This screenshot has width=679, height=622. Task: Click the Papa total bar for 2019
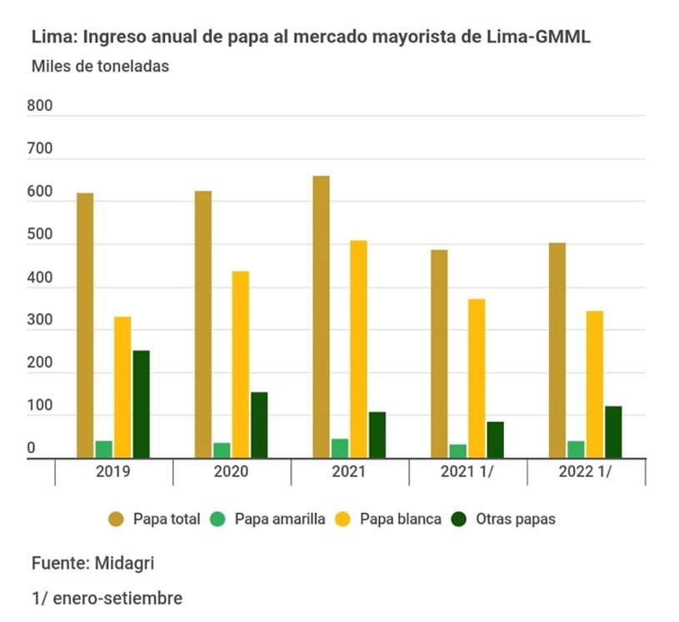[85, 325]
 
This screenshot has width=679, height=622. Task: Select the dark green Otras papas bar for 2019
[141, 404]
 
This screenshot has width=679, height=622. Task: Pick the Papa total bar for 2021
[321, 316]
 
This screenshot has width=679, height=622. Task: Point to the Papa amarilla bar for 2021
[340, 448]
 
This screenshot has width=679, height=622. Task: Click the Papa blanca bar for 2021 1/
[477, 378]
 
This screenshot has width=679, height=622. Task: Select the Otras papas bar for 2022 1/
[613, 431]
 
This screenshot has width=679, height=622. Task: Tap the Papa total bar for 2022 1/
[557, 350]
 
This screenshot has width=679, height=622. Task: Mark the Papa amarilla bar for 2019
[104, 449]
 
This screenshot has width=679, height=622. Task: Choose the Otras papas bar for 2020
[259, 425]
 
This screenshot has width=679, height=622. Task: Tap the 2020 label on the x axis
[232, 472]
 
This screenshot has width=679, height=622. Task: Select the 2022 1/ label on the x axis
[586, 472]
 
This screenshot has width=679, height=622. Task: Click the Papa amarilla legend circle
[222, 519]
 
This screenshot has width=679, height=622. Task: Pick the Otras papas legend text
[516, 519]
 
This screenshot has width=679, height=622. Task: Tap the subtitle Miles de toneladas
[100, 67]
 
